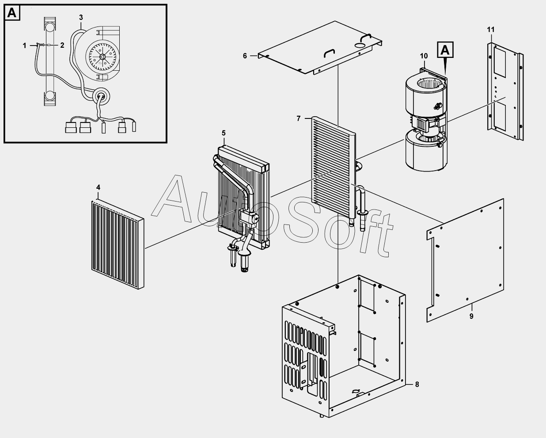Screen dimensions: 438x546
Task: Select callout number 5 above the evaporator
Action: pyautogui.click(x=224, y=133)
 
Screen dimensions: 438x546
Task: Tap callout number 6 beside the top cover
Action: pyautogui.click(x=245, y=56)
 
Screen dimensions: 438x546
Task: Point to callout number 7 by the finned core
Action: pyautogui.click(x=299, y=118)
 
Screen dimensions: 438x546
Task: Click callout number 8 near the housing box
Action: pyautogui.click(x=417, y=384)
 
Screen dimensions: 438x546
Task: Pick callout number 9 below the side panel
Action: pyautogui.click(x=471, y=316)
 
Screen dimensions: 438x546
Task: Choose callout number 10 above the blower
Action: pyautogui.click(x=424, y=56)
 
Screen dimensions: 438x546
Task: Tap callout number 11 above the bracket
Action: pyautogui.click(x=491, y=30)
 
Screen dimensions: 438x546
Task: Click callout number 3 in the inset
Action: pyautogui.click(x=81, y=17)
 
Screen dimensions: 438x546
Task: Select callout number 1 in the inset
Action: pyautogui.click(x=25, y=45)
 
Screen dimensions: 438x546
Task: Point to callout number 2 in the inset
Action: pyautogui.click(x=62, y=45)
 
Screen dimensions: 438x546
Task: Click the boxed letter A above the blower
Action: pyautogui.click(x=445, y=50)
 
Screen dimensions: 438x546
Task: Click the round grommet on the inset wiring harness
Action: pyautogui.click(x=101, y=96)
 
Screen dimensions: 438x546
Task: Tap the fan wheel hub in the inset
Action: pyautogui.click(x=102, y=57)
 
